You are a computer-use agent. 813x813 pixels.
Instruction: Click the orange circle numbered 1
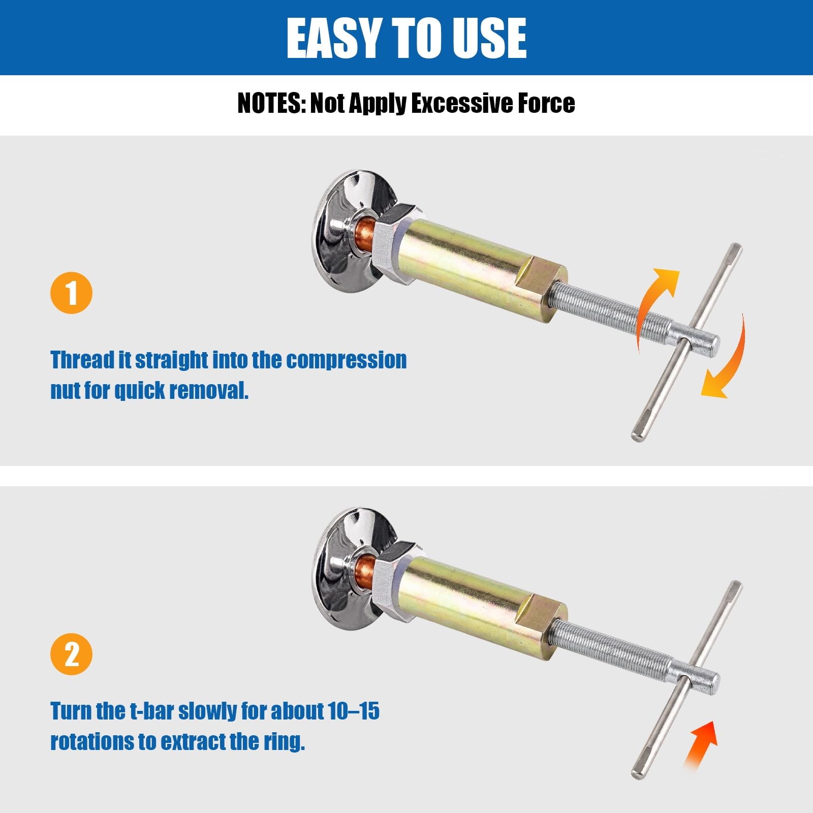[71, 293]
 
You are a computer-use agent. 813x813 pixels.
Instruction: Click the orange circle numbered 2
[71, 654]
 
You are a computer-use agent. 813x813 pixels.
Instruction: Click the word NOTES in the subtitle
[270, 103]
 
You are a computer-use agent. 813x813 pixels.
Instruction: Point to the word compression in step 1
[347, 360]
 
